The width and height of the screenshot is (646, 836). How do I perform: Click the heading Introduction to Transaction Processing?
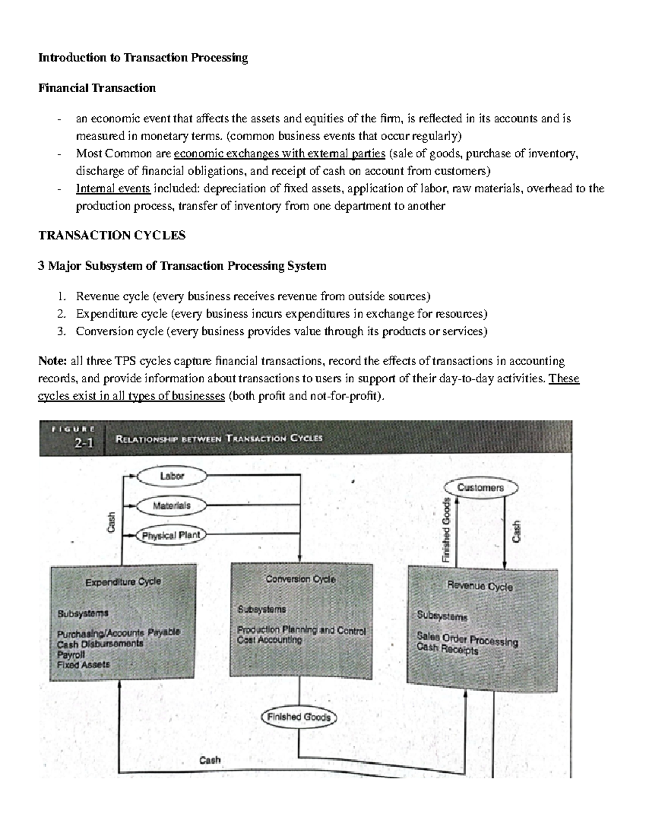pyautogui.click(x=143, y=58)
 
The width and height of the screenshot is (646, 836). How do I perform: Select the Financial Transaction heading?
pyautogui.click(x=97, y=88)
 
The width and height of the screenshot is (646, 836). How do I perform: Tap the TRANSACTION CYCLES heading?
pyautogui.click(x=111, y=235)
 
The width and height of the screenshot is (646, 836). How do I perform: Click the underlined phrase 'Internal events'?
pyautogui.click(x=114, y=188)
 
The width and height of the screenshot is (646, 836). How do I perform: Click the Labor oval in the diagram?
pyautogui.click(x=172, y=476)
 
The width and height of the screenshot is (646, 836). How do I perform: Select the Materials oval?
pyautogui.click(x=172, y=506)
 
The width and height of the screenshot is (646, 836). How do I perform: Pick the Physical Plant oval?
pyautogui.click(x=171, y=536)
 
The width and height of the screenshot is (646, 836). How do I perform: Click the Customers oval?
pyautogui.click(x=480, y=488)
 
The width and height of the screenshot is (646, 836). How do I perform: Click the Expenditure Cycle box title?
pyautogui.click(x=123, y=582)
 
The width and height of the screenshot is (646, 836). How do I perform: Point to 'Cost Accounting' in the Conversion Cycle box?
pyautogui.click(x=270, y=640)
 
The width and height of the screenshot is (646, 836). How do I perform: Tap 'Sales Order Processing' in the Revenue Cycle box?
pyautogui.click(x=467, y=639)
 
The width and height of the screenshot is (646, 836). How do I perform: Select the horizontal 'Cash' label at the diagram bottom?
pyautogui.click(x=210, y=760)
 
